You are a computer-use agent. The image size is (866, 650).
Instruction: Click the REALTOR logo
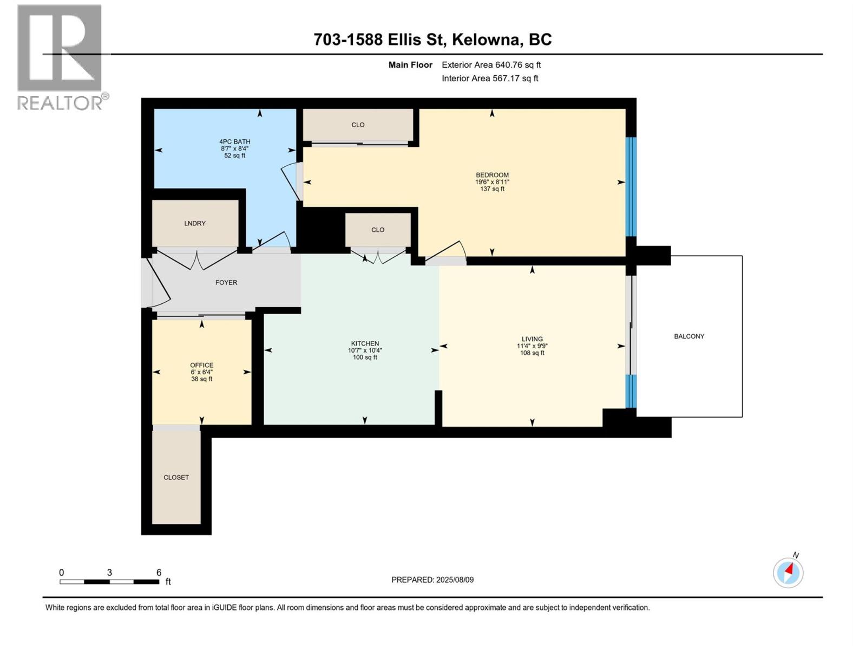(60, 57)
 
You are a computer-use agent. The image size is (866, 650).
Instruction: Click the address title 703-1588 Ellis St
(432, 40)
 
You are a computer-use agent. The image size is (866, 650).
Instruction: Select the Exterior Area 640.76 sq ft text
(491, 65)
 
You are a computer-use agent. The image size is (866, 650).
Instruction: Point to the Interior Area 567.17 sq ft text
(490, 79)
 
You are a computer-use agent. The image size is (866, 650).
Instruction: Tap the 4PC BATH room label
(234, 142)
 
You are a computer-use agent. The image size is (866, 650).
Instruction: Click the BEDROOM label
(492, 175)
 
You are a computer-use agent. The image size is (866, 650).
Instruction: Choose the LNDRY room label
(195, 223)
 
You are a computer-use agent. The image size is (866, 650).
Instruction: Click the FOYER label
(226, 282)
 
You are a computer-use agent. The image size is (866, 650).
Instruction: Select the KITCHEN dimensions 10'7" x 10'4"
(365, 350)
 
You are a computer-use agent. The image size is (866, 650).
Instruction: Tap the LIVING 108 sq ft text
(532, 353)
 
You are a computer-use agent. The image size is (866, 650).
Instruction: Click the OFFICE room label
(201, 365)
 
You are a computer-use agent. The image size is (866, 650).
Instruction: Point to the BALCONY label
(689, 336)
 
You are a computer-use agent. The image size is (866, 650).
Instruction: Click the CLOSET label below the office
(176, 477)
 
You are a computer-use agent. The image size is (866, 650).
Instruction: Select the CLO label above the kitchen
(378, 230)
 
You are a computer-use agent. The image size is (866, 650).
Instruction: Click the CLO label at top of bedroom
(358, 125)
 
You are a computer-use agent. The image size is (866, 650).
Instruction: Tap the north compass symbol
(788, 572)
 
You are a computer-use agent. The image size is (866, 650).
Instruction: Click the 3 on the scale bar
(110, 573)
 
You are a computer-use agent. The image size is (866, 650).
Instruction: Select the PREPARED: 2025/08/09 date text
(432, 580)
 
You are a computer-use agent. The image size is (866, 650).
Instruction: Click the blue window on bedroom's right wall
(631, 186)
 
